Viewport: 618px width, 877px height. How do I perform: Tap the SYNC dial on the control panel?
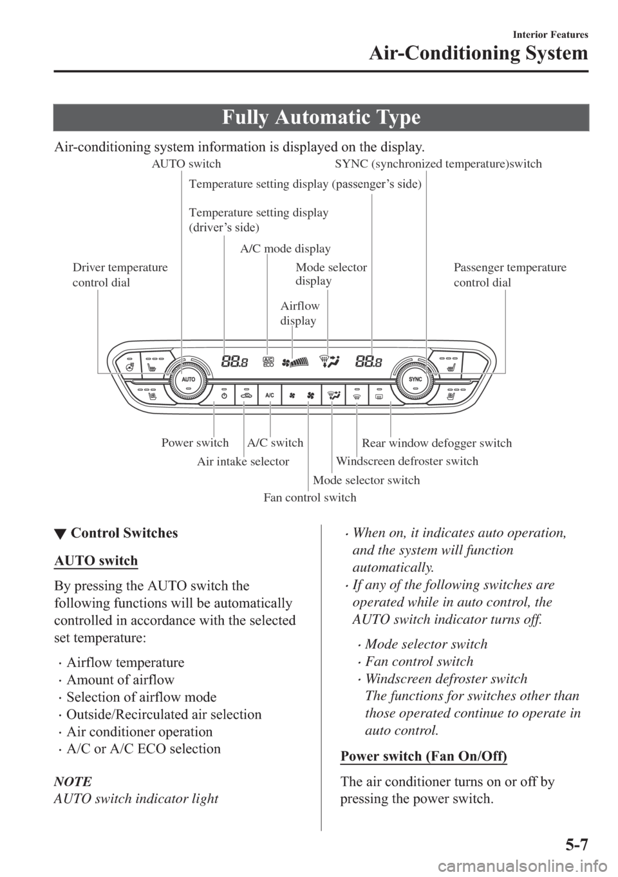415,380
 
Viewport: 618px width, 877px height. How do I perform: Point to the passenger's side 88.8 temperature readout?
368,362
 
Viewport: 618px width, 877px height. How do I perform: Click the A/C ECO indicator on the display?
268,362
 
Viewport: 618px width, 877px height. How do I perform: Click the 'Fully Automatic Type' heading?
330,118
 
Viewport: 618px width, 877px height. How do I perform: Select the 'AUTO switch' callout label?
186,164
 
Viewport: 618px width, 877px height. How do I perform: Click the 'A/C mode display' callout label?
285,249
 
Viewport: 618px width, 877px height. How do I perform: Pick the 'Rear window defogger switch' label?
436,443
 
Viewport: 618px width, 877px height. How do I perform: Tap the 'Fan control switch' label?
310,497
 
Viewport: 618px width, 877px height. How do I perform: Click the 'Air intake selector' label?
243,461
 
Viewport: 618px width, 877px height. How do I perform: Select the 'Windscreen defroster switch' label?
407,461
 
